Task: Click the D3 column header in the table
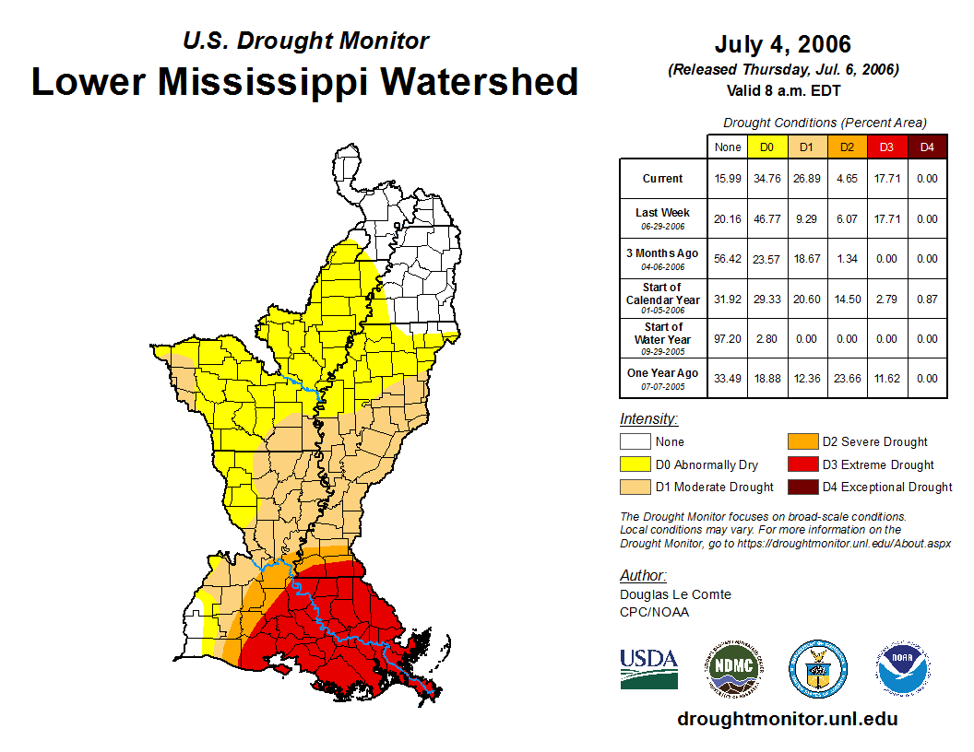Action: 886,147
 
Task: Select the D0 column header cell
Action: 767,147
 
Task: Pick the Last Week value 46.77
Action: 767,219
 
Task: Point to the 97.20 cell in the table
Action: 728,338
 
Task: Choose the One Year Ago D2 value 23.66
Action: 847,378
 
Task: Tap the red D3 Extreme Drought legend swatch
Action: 802,464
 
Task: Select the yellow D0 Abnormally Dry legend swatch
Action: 635,464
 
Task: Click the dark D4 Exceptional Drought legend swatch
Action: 802,487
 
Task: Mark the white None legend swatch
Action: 635,442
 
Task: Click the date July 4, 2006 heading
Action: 782,44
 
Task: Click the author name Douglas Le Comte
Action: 675,594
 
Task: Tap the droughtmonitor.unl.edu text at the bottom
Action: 787,719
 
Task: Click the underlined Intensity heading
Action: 648,419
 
